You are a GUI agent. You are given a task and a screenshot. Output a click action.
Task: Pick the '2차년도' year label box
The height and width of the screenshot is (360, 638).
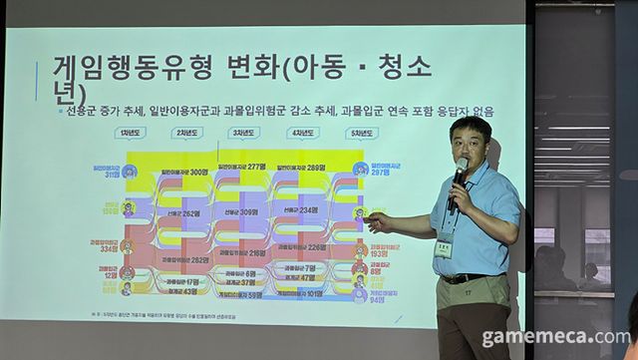click(187, 133)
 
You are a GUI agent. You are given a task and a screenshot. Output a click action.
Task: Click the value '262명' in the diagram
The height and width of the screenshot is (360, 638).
click(187, 213)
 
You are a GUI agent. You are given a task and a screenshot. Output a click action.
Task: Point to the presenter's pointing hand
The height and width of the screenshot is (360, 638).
click(377, 216)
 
